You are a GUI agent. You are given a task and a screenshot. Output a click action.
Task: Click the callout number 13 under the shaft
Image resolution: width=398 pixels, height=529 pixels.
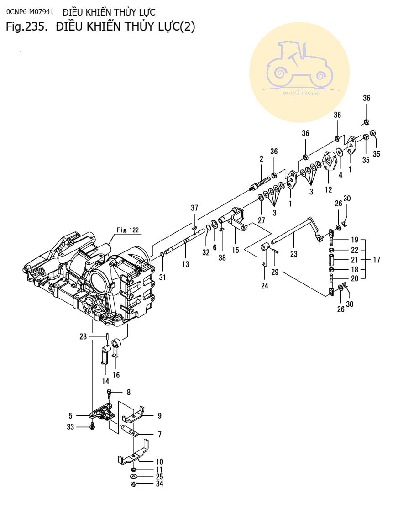(185, 264)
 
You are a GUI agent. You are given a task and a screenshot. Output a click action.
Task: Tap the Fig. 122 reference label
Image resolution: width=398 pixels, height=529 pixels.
(127, 230)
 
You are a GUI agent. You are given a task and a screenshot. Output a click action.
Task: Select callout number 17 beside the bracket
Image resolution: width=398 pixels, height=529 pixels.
(377, 260)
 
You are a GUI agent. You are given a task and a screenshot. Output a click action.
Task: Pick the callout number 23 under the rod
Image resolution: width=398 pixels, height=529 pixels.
(293, 254)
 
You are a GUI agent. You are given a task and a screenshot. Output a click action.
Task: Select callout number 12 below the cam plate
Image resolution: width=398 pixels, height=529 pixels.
(328, 189)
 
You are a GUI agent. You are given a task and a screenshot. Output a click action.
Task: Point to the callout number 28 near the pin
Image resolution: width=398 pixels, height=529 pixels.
(83, 337)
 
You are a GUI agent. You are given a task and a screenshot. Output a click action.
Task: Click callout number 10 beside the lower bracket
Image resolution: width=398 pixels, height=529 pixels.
(159, 462)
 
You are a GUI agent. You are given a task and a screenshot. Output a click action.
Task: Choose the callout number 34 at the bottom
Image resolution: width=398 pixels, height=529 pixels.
(159, 483)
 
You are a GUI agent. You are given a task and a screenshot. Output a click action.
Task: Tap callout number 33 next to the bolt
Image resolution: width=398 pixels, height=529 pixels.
(70, 427)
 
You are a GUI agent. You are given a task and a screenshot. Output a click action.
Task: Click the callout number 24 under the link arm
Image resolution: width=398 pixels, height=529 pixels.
(265, 286)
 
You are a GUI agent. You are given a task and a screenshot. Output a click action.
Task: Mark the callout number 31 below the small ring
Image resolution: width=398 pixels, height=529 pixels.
(163, 277)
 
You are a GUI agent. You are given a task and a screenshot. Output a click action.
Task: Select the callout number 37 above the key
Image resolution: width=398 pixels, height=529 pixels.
(194, 208)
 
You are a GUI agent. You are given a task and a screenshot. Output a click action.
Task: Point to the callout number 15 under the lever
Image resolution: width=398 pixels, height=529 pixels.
(236, 250)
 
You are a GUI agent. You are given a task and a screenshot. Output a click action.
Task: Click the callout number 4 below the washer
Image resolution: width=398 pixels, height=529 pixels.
(340, 175)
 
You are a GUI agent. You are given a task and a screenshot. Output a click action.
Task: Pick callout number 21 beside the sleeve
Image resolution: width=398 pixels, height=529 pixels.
(355, 260)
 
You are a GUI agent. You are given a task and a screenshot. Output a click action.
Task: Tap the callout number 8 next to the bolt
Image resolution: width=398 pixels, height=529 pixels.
(128, 392)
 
